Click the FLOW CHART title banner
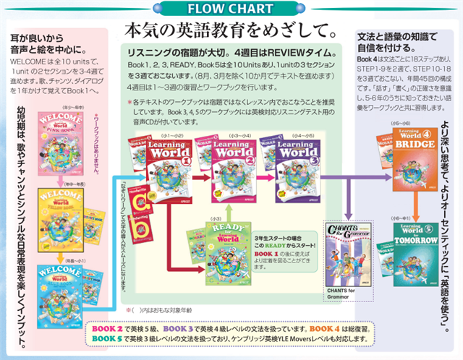point(231,9)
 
